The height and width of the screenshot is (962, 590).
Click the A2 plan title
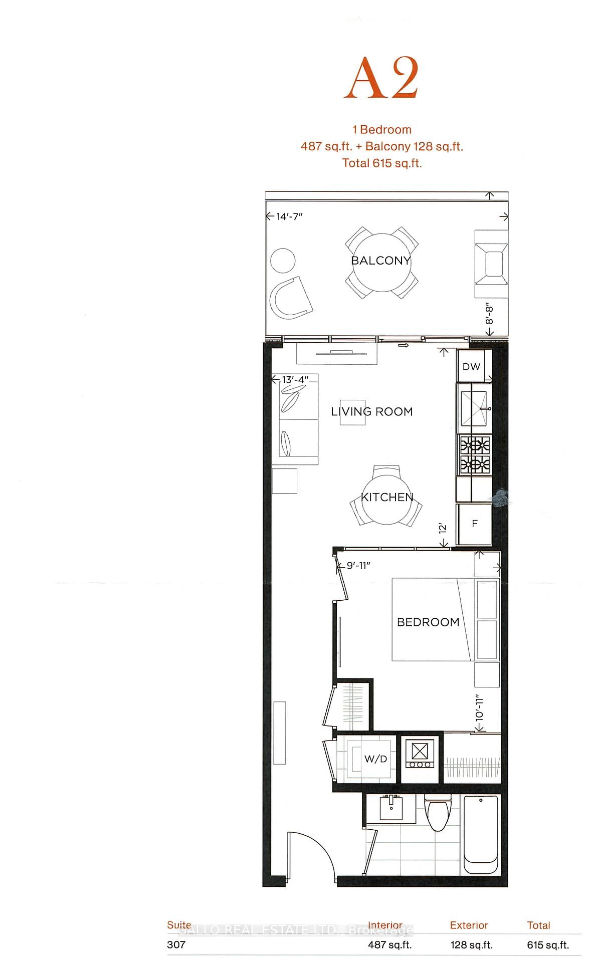(x=381, y=79)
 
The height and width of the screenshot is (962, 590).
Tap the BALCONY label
(x=380, y=261)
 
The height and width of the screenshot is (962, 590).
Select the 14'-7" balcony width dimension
(x=289, y=216)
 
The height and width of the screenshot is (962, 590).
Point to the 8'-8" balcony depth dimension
(x=490, y=315)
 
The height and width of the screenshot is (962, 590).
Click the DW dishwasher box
(x=471, y=366)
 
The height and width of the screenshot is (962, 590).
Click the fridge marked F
(x=474, y=524)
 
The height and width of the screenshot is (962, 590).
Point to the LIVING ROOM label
(x=371, y=412)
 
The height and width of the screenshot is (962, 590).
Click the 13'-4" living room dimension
(x=295, y=380)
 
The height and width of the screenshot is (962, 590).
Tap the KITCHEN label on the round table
(x=387, y=497)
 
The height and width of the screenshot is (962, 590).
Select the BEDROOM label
(x=428, y=622)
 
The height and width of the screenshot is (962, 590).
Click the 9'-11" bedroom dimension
(x=358, y=566)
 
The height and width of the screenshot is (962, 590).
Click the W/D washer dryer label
(x=375, y=759)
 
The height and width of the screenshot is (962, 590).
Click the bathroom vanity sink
(x=391, y=808)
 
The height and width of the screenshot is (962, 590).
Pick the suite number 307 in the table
(x=176, y=944)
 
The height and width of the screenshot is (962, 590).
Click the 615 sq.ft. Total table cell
(x=548, y=945)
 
